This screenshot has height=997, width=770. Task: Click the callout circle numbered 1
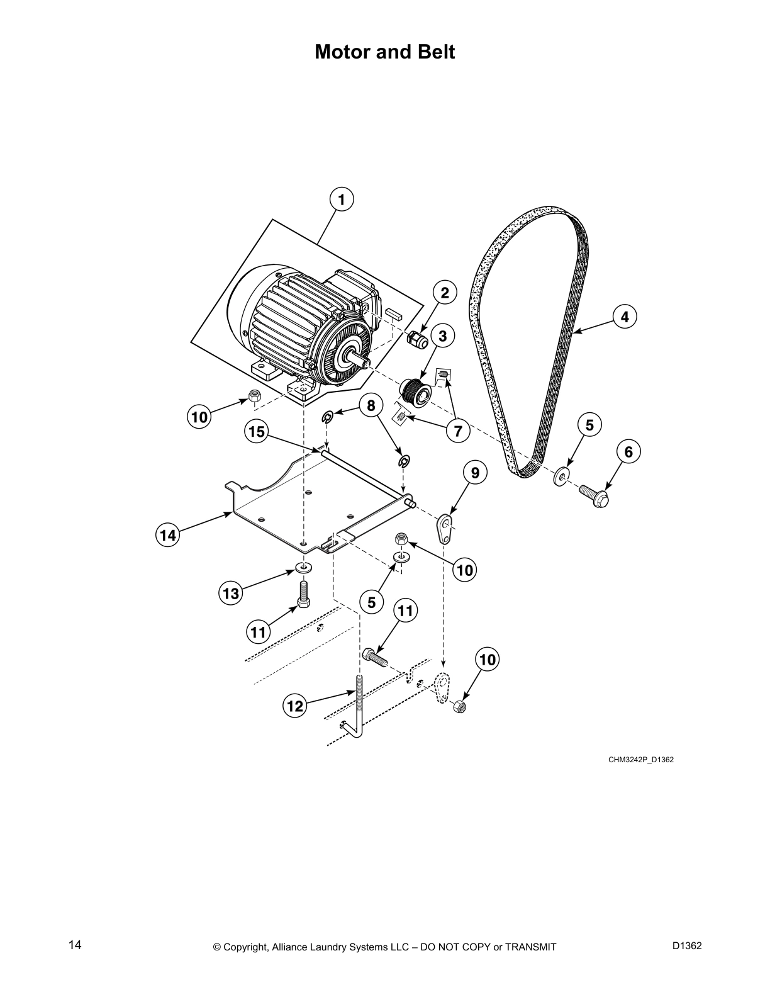tap(342, 200)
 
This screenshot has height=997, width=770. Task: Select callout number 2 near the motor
tap(445, 293)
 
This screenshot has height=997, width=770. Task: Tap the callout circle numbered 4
tap(625, 317)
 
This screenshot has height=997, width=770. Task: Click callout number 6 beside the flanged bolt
tap(628, 451)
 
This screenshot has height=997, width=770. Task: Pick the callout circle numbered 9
tap(475, 472)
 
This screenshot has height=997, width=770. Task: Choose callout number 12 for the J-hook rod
tap(294, 706)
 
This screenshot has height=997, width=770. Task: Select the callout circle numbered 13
tap(231, 594)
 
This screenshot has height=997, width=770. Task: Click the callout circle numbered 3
tap(443, 336)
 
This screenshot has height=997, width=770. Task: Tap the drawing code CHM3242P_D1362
tap(640, 760)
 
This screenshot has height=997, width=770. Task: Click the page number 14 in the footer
tap(75, 945)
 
